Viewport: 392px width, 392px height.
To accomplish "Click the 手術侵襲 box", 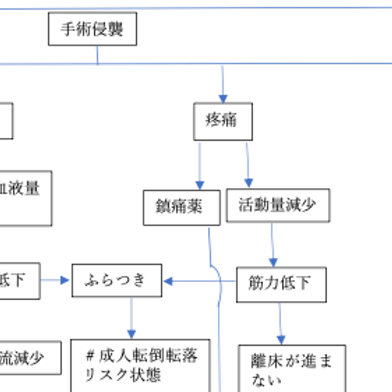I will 92,29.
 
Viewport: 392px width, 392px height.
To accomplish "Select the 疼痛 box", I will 223,121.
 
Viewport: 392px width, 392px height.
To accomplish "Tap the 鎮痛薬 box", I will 181,207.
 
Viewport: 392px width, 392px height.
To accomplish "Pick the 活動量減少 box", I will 278,205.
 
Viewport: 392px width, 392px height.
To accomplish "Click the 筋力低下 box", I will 281,284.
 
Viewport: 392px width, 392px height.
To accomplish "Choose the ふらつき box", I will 117,281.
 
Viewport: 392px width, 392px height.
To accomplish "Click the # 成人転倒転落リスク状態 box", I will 140,366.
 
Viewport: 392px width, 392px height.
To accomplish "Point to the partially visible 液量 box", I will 24,198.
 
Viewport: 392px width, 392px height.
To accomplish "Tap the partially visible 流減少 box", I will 29,358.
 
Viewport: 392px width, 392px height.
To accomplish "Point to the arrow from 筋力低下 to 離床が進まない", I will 280,323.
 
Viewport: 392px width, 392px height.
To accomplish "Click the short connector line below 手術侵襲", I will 97,54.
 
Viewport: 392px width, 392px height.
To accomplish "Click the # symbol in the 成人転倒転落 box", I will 90,355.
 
